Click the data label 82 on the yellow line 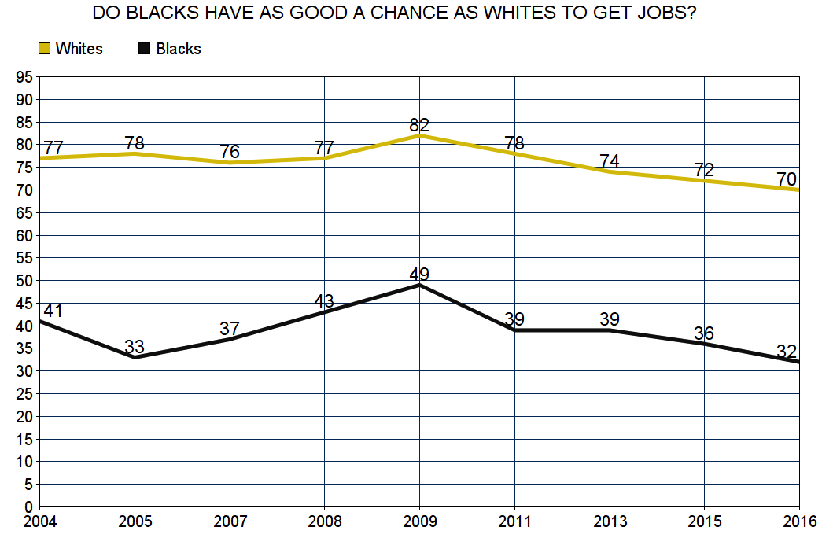click(419, 125)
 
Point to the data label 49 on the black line click(419, 274)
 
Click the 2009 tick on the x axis click(419, 520)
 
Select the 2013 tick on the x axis click(610, 520)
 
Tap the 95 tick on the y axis click(24, 77)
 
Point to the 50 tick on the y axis click(24, 280)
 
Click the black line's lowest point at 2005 click(135, 357)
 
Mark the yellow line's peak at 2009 click(419, 135)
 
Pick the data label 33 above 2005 click(135, 347)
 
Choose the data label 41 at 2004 click(53, 311)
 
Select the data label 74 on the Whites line click(610, 161)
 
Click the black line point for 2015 click(705, 344)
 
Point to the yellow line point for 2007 click(230, 163)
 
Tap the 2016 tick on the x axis click(799, 520)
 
